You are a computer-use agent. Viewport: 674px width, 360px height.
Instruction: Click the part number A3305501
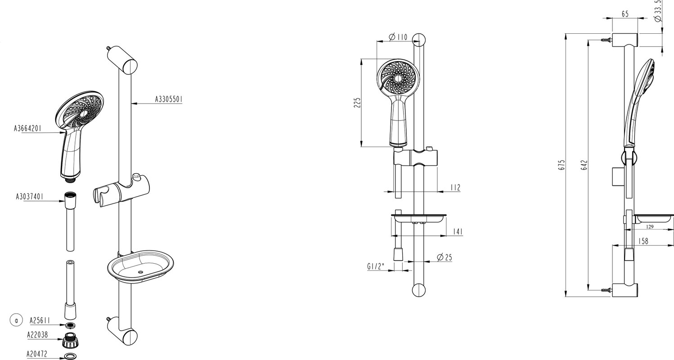169,99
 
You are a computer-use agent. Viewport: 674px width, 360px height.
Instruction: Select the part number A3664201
28,129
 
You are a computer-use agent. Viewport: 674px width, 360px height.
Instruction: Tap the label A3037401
30,197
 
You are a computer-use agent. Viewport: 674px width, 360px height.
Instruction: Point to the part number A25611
40,321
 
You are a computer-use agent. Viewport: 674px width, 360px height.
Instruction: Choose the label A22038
37,335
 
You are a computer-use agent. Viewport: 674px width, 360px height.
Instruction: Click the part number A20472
37,354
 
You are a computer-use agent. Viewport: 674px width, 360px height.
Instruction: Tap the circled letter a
17,320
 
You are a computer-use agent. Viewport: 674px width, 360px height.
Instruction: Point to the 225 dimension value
357,103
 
